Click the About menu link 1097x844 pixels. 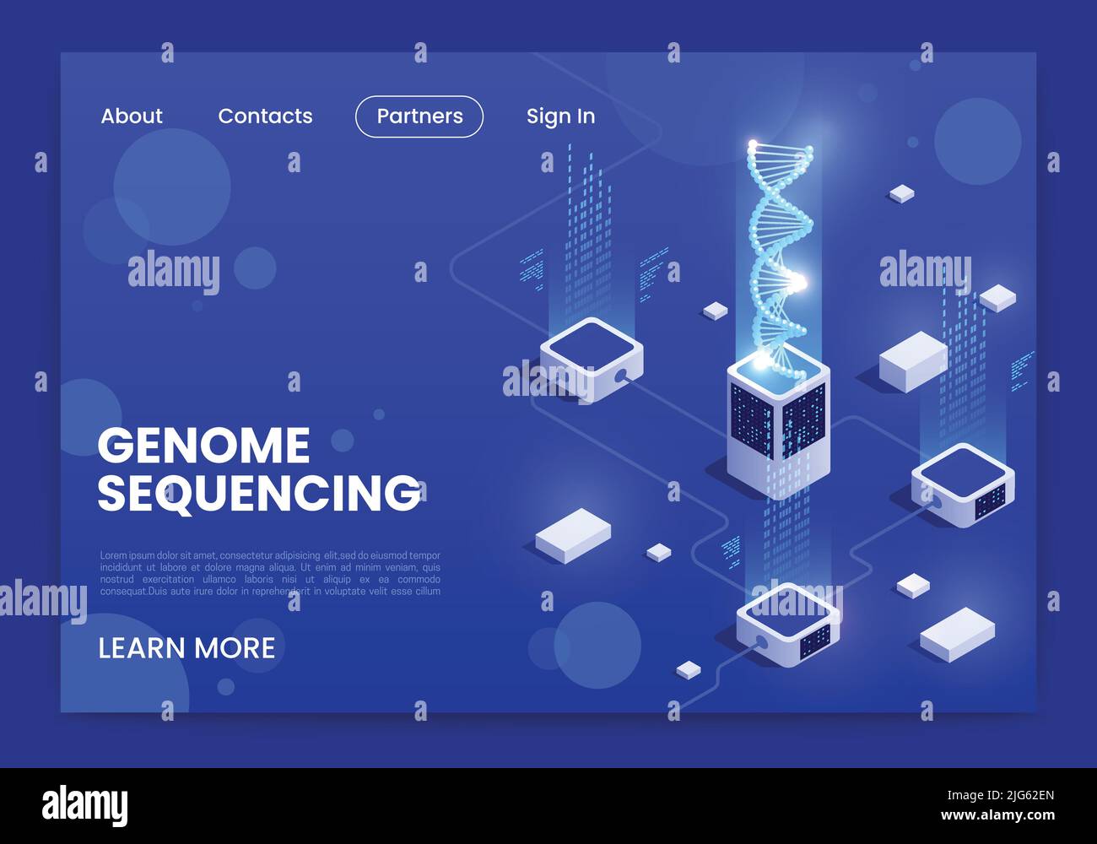tap(132, 116)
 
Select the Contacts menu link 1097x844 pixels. tap(265, 116)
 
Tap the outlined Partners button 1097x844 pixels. tap(419, 116)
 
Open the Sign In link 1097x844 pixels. tap(560, 116)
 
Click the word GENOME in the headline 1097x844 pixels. tap(203, 446)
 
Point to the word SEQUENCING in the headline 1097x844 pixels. tap(258, 492)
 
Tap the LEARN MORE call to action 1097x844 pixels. tap(186, 648)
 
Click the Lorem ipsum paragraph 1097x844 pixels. tap(270, 573)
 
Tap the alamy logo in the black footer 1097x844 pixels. tap(84, 805)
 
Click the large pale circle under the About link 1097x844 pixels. tap(172, 187)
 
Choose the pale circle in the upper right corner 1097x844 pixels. tap(977, 141)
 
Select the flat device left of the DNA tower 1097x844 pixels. tap(592, 359)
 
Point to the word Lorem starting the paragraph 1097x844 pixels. tap(113, 555)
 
